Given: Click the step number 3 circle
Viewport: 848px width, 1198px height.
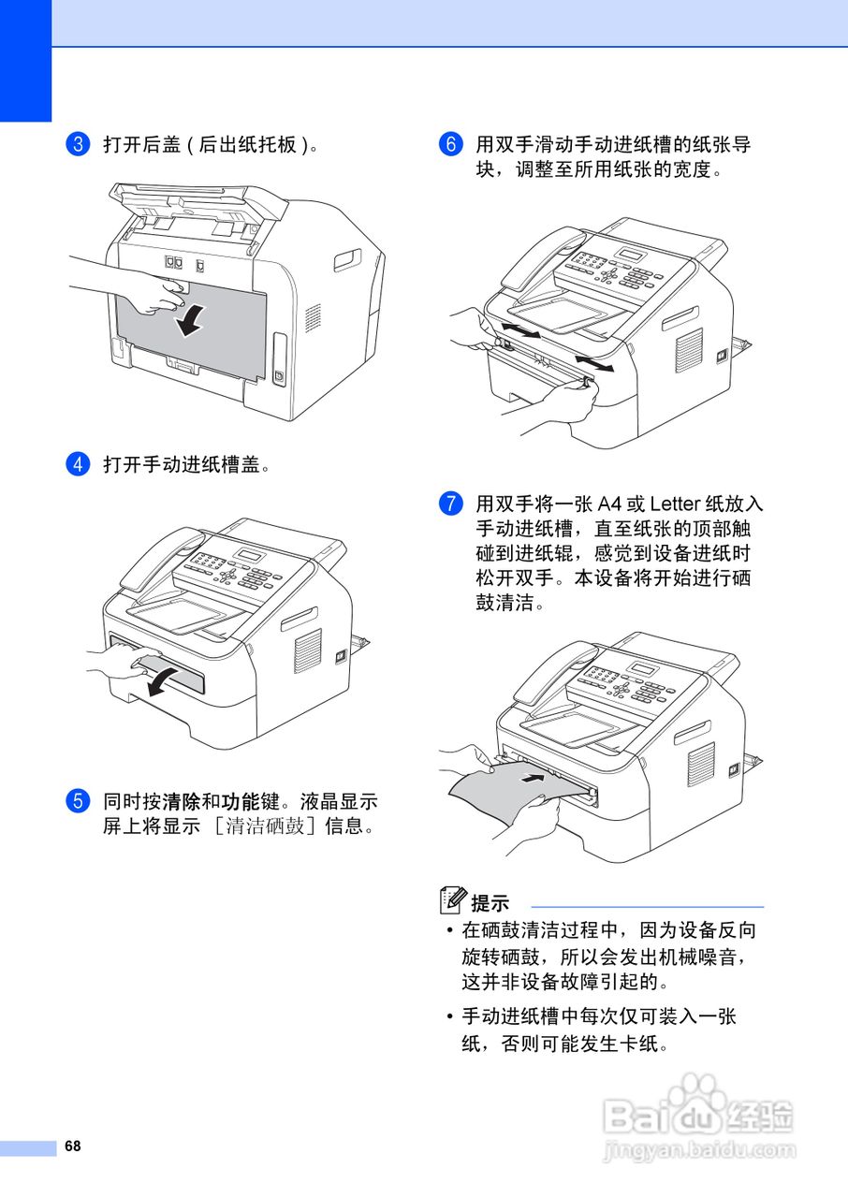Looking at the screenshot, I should [x=79, y=144].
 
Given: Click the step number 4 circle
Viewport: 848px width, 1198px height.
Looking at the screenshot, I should [x=79, y=463].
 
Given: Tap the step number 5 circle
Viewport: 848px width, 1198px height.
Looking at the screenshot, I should [x=79, y=801].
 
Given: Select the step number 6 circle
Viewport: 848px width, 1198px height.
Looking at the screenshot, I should [x=451, y=144].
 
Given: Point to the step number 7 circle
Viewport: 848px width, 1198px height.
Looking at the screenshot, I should [x=451, y=504].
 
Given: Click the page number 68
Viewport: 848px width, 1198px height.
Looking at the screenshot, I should [x=73, y=1147].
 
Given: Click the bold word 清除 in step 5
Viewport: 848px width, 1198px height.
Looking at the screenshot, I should [x=182, y=802].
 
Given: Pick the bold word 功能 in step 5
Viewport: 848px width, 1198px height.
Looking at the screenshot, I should [x=241, y=802].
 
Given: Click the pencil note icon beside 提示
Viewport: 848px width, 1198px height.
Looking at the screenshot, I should [x=453, y=900].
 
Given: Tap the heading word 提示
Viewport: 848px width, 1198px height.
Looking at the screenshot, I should [x=490, y=903].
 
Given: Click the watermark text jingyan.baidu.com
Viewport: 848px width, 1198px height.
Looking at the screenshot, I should [x=700, y=1150].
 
